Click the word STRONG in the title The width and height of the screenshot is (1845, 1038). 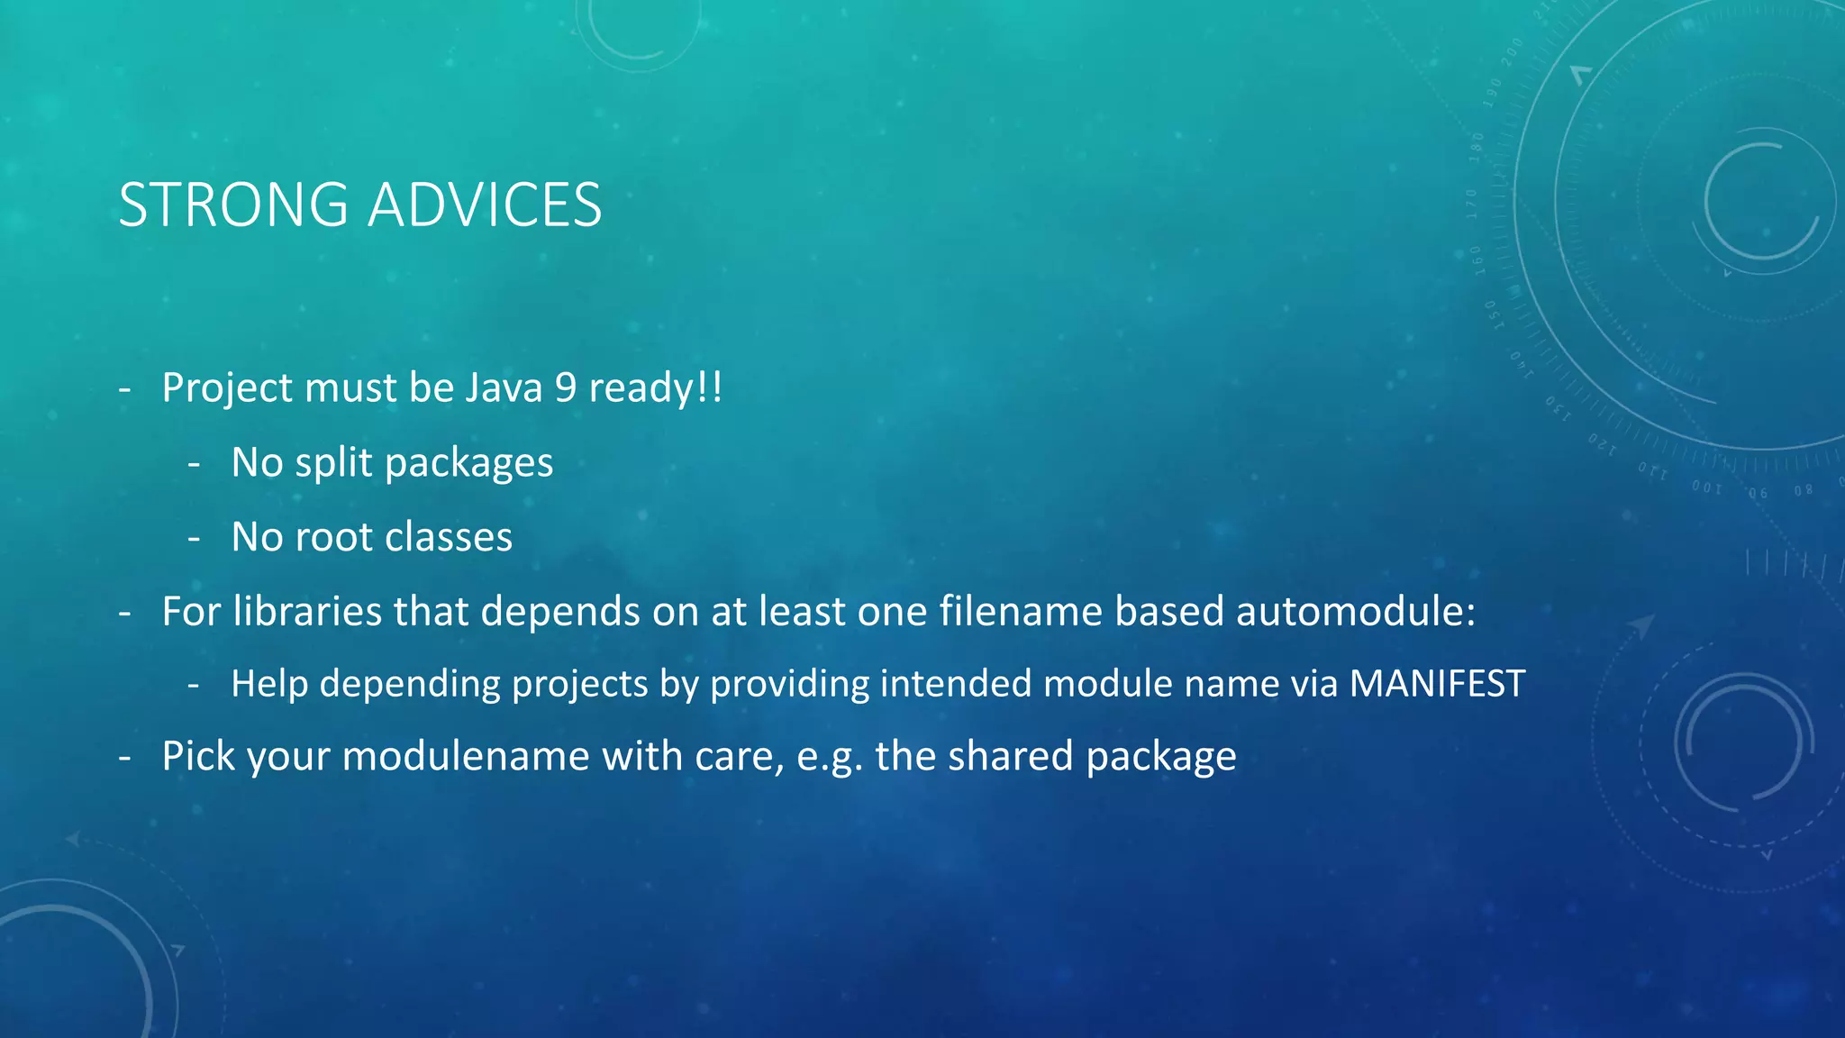pyautogui.click(x=233, y=205)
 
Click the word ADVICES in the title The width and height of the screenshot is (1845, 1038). pyautogui.click(x=485, y=205)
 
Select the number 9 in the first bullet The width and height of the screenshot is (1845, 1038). pyautogui.click(x=565, y=388)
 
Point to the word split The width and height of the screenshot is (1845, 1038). pyautogui.click(x=333, y=464)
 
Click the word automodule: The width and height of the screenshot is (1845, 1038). pyautogui.click(x=1356, y=612)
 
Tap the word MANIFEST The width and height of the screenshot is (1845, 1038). pyautogui.click(x=1437, y=684)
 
